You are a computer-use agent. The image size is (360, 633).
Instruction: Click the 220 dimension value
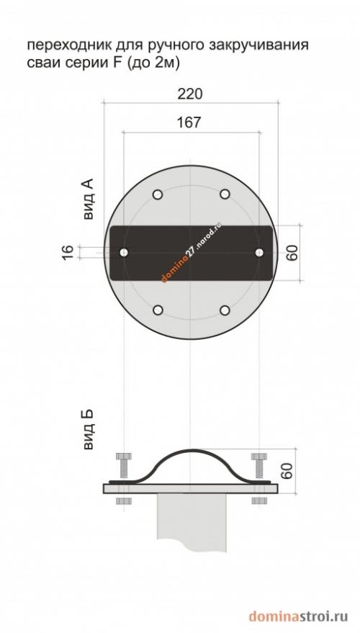pyautogui.click(x=189, y=94)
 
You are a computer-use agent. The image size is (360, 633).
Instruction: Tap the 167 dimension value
pyautogui.click(x=189, y=122)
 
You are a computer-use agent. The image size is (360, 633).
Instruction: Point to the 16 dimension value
pyautogui.click(x=68, y=252)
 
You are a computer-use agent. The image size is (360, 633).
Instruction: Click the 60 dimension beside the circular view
pyautogui.click(x=292, y=253)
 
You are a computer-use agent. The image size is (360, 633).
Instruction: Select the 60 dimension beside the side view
pyautogui.click(x=287, y=471)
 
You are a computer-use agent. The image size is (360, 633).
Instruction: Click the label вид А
pyautogui.click(x=88, y=199)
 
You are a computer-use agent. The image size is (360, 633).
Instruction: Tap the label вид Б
pyautogui.click(x=88, y=429)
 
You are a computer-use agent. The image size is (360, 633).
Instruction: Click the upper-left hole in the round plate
pyautogui.click(x=158, y=194)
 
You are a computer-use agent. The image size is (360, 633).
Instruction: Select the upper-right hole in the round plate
pyautogui.click(x=225, y=194)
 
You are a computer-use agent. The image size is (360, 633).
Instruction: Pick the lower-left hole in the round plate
pyautogui.click(x=158, y=310)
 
